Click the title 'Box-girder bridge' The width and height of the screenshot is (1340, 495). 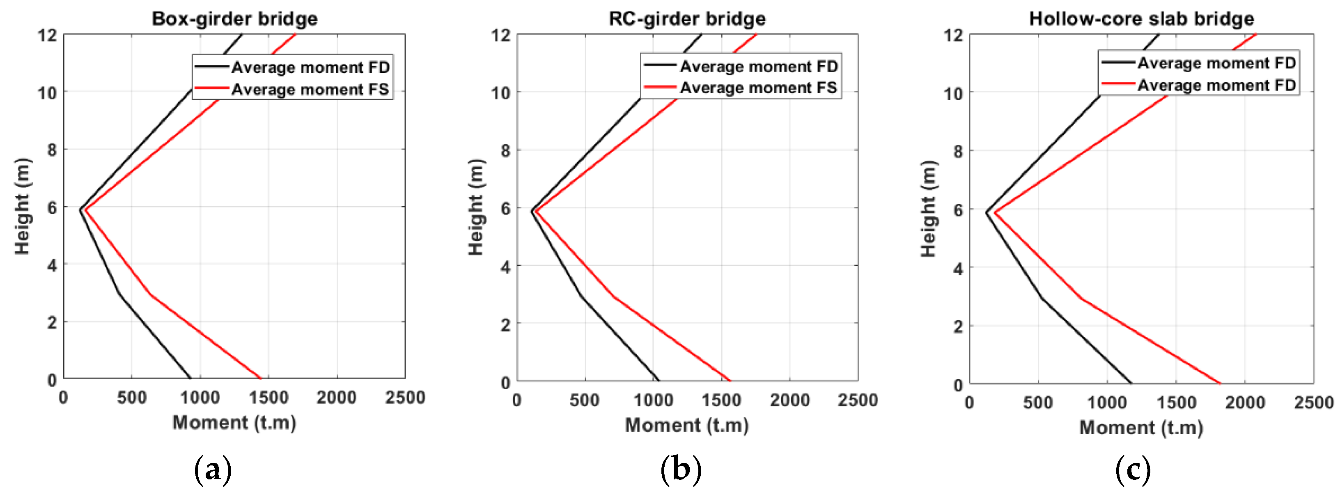234,19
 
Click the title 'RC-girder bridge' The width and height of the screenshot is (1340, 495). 687,19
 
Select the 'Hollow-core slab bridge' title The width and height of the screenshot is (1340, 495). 1142,19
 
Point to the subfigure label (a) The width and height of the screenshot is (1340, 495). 212,470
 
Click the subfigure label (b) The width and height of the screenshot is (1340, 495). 681,470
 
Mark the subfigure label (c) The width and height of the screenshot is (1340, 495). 1133,470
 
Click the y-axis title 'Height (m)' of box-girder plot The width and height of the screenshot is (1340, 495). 22,206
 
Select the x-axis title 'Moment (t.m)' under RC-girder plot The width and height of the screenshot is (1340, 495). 687,425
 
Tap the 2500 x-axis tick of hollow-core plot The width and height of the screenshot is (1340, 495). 1313,402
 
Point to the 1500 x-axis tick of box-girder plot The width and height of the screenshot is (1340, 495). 268,398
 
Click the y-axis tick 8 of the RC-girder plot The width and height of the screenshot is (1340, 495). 505,150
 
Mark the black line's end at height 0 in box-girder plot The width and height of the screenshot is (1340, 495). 190,378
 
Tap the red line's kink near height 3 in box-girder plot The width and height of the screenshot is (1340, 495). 150,295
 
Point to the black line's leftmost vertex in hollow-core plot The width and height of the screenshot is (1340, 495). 986,212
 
